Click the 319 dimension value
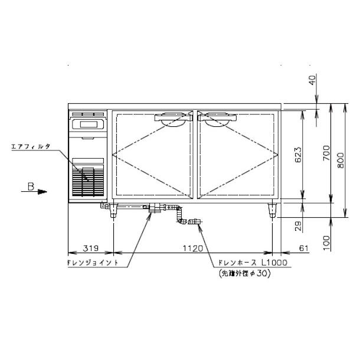pos(91,248)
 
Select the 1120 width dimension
pos(193,248)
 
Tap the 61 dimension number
pos(303,248)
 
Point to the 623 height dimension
pos(298,155)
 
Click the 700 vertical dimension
pos(326,153)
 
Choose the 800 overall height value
pos(341,161)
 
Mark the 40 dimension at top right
pos(312,80)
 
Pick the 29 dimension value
pos(298,226)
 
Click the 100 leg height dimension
pos(326,243)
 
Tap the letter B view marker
pos(31,186)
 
